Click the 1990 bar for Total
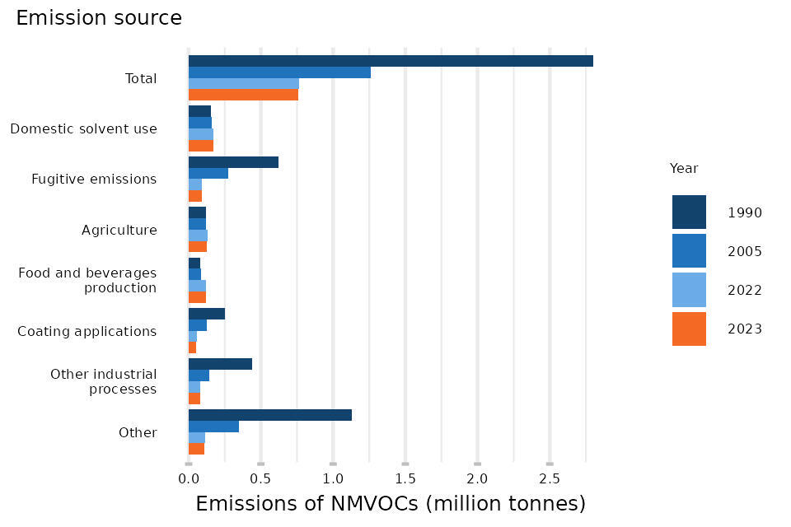391,61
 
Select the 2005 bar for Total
279,72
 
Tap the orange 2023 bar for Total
243,95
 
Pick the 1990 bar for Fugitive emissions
233,162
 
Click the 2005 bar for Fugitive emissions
208,173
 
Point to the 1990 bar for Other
270,415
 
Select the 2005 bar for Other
213,427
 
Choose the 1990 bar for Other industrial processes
220,364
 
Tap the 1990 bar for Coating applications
207,314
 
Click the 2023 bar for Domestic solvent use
201,146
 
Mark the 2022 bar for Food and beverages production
197,286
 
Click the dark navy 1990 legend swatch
689,212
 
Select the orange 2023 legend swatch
689,329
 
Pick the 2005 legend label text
744,252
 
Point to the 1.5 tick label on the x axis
405,478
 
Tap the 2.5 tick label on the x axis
550,478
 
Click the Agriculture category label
119,230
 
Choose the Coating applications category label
87,331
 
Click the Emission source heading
99,18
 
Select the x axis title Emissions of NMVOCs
391,503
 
